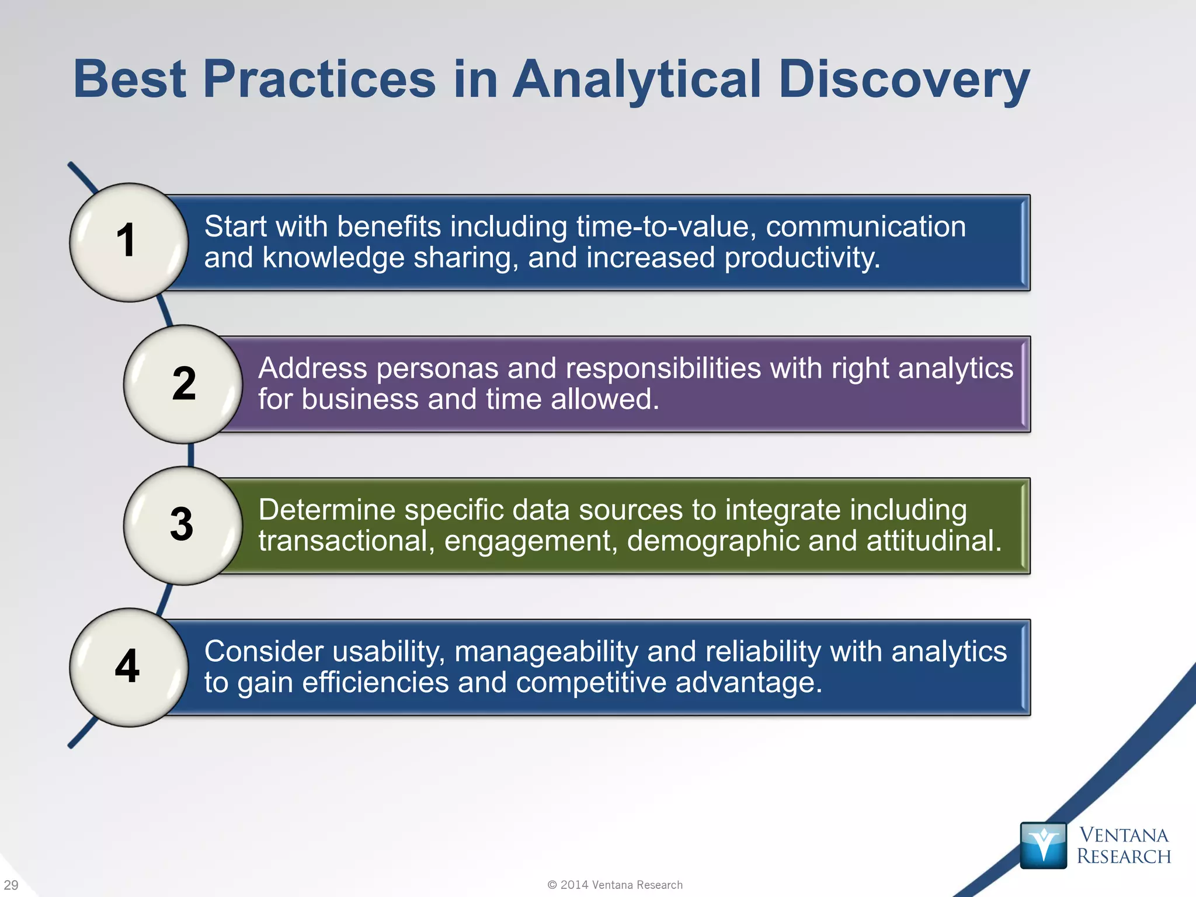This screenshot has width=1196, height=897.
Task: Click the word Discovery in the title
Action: point(903,79)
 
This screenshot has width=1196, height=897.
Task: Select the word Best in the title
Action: point(130,79)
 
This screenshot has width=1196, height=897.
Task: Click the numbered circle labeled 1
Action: point(128,242)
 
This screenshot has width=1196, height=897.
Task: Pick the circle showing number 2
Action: point(183,384)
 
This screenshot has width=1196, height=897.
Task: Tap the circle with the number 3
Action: point(183,525)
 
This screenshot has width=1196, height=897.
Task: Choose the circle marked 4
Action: point(128,667)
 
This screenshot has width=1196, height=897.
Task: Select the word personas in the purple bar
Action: point(437,368)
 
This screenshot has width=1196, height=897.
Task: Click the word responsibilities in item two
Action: point(663,368)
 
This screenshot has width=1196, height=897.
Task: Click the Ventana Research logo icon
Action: point(1043,845)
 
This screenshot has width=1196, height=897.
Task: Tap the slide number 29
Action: point(11,885)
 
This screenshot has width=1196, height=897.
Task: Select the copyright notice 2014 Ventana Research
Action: point(615,885)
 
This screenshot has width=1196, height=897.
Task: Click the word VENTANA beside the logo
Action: point(1124,835)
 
